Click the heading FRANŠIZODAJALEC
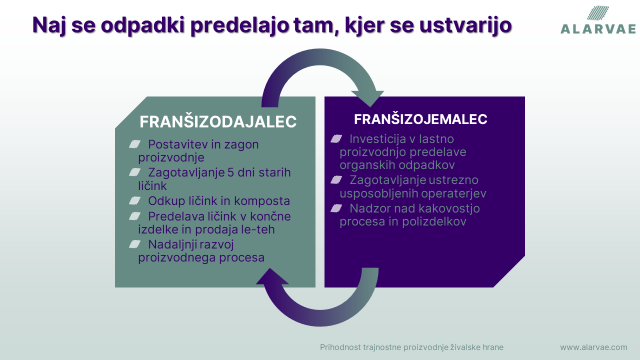pos(218,121)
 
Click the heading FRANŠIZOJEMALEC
pos(420,119)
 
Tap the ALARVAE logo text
pos(598,29)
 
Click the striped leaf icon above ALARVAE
pos(598,13)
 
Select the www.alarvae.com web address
pos(593,347)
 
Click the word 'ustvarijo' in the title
pos(465,25)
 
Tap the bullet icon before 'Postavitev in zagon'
pos(134,144)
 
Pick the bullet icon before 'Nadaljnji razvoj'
pos(134,244)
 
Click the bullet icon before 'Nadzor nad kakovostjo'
pos(336,208)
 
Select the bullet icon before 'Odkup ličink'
pos(134,200)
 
